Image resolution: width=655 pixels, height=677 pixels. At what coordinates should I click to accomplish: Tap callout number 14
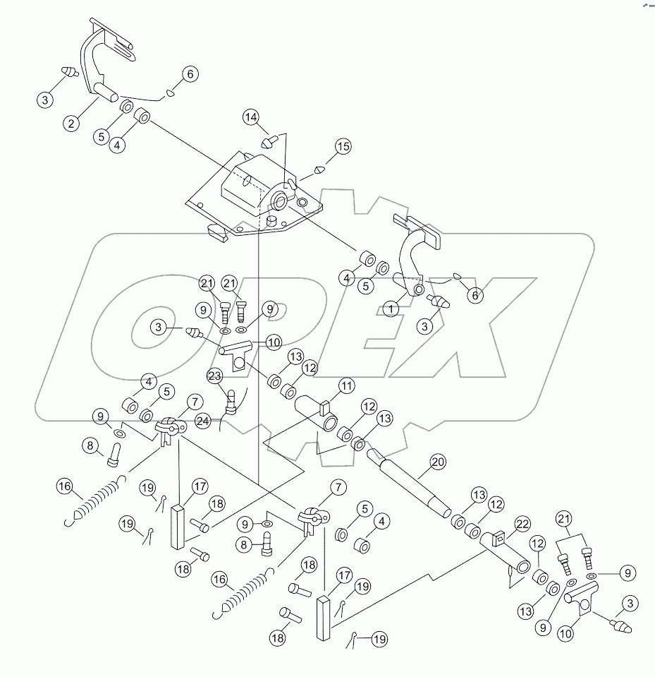251,119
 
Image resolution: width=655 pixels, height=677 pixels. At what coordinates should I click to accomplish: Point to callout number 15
342,147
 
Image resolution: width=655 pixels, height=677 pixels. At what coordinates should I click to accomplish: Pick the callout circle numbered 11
346,386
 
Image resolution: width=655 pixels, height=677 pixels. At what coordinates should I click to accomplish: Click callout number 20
437,462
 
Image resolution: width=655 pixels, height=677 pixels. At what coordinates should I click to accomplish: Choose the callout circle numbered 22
522,524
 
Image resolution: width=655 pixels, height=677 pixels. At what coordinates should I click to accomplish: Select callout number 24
202,421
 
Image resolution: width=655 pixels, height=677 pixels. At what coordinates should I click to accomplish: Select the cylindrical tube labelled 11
316,414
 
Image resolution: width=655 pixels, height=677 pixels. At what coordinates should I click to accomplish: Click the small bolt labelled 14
269,143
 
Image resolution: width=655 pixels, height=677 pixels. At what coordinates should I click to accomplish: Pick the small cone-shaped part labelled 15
319,169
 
